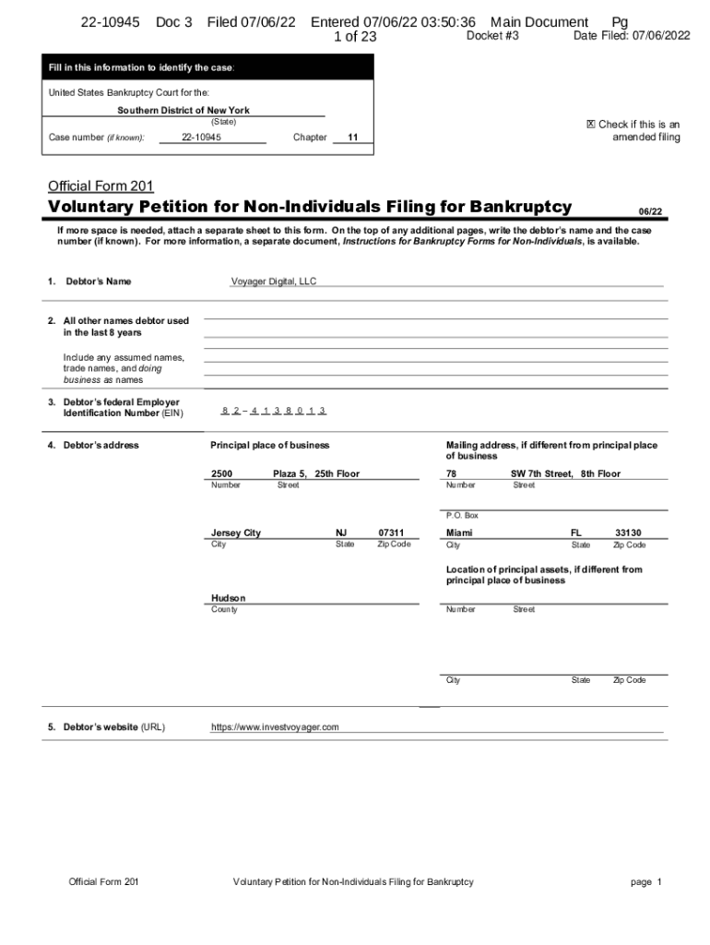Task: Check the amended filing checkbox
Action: pyautogui.click(x=590, y=125)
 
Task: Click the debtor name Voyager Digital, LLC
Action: pyautogui.click(x=273, y=281)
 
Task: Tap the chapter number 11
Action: pyautogui.click(x=352, y=138)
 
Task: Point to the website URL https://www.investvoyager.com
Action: pyautogui.click(x=275, y=727)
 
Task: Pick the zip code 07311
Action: pyautogui.click(x=391, y=533)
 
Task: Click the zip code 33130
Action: pyautogui.click(x=628, y=533)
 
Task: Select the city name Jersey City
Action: pyautogui.click(x=236, y=533)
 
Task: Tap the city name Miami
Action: pyautogui.click(x=459, y=533)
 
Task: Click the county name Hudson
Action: pyautogui.click(x=229, y=598)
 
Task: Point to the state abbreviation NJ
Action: pyautogui.click(x=341, y=533)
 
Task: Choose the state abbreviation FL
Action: pyautogui.click(x=577, y=533)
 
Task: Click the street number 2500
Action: pyautogui.click(x=221, y=473)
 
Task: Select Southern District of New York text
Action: pyautogui.click(x=183, y=111)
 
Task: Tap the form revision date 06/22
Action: pyautogui.click(x=651, y=211)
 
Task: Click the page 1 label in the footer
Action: pyautogui.click(x=646, y=882)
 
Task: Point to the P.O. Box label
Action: pyautogui.click(x=462, y=515)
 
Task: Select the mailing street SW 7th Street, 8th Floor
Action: pyautogui.click(x=565, y=473)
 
